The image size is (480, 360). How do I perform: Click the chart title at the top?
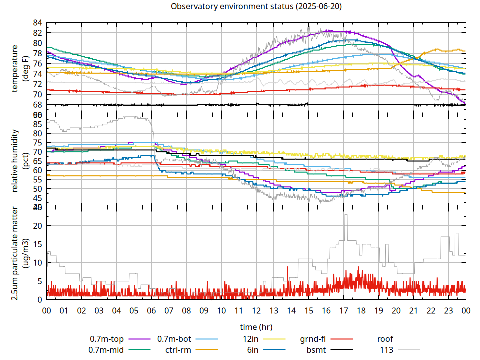point(256,7)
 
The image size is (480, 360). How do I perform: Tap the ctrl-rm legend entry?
point(177,350)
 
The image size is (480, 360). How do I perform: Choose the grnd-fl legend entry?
point(313,340)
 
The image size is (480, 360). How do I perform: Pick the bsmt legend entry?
point(317,350)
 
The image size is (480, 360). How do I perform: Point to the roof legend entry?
point(385,340)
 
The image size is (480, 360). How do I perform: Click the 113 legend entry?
point(387,350)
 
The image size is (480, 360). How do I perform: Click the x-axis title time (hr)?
point(256,327)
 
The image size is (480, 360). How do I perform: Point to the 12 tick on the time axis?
point(256,311)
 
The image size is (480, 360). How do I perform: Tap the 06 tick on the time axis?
point(151,311)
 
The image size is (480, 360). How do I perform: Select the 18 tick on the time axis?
point(361,311)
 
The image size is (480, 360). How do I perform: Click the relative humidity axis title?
point(15,161)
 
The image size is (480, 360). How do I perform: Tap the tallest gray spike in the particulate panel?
point(345,215)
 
